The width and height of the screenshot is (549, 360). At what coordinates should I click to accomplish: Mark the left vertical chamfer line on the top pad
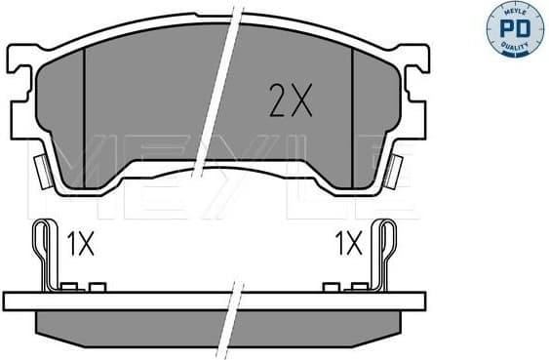point(85,117)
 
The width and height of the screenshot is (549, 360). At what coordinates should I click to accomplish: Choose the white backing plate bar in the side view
point(146,300)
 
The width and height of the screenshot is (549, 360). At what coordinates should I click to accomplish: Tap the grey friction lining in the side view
point(146,322)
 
